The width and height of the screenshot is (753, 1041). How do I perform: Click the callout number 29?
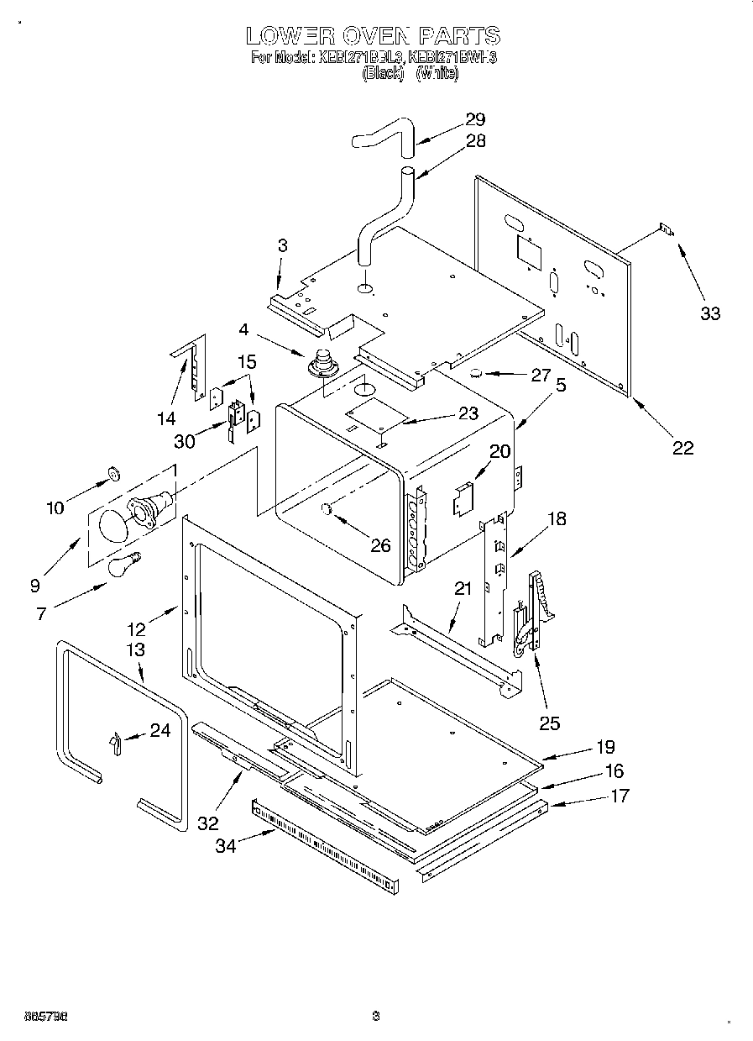click(475, 119)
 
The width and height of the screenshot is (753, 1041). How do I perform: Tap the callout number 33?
click(710, 313)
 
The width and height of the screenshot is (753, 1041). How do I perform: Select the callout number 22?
click(683, 448)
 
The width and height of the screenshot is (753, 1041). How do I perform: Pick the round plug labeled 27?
click(476, 372)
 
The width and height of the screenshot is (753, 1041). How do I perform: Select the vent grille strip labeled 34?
click(336, 840)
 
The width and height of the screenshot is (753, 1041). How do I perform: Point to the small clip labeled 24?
click(115, 742)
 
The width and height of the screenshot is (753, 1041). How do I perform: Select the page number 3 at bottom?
click(376, 1017)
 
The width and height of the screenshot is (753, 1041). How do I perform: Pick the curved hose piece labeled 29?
click(383, 135)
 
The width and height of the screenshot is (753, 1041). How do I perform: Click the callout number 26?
click(380, 545)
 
